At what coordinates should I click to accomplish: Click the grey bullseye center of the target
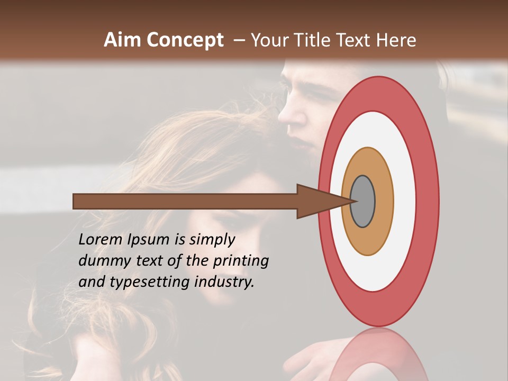coord(362,201)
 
